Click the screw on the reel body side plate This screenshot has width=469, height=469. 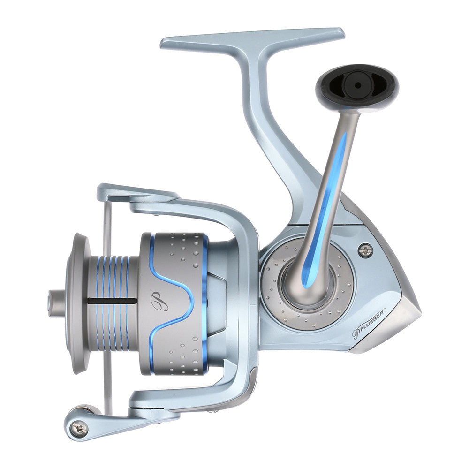[364, 250]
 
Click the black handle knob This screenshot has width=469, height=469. [356, 87]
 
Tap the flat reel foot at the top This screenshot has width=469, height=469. [253, 38]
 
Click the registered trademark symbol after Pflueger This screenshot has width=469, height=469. [385, 310]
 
